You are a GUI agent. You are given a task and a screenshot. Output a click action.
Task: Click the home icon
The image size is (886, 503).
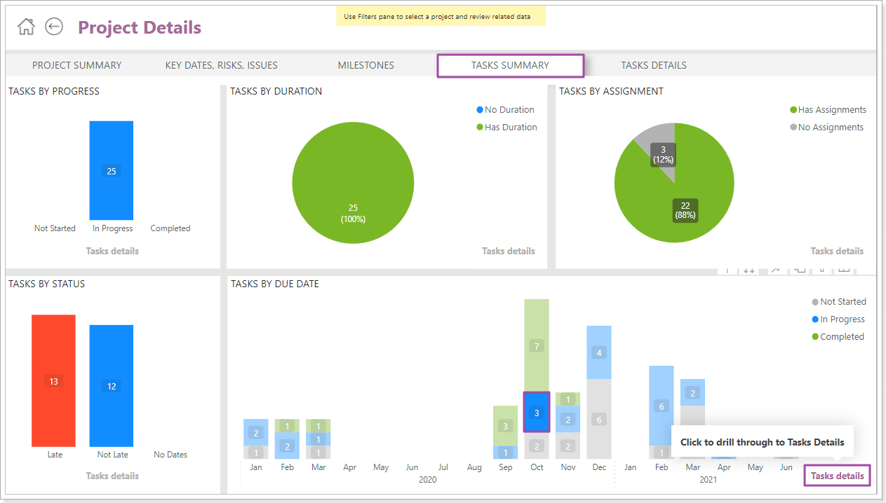pyautogui.click(x=26, y=27)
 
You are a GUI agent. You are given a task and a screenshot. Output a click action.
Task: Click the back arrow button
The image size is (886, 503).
pyautogui.click(x=54, y=27)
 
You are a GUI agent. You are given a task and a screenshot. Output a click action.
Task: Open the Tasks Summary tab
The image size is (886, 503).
pyautogui.click(x=510, y=65)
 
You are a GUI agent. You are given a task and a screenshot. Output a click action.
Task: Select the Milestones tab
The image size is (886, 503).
pyautogui.click(x=365, y=65)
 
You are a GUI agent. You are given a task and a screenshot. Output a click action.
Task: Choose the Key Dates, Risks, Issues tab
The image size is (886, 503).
pyautogui.click(x=221, y=65)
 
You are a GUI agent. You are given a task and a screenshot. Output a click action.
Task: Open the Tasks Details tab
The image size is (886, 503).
pyautogui.click(x=653, y=65)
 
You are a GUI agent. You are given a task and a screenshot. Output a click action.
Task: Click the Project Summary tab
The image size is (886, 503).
pyautogui.click(x=76, y=65)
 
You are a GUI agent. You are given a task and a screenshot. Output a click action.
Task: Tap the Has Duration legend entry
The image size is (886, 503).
pyautogui.click(x=510, y=128)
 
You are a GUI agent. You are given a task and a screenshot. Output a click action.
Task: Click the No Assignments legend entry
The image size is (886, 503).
pyautogui.click(x=830, y=128)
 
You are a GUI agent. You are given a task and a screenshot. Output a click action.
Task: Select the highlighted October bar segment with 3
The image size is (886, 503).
pyautogui.click(x=537, y=413)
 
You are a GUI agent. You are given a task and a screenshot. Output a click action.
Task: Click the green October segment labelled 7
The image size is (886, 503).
pyautogui.click(x=537, y=345)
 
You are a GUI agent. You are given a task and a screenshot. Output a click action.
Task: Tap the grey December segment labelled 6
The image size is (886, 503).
pyautogui.click(x=598, y=419)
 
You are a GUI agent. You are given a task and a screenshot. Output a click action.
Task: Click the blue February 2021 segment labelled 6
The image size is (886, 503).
pyautogui.click(x=661, y=406)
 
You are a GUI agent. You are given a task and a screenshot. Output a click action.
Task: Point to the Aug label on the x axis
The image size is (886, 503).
pyautogui.click(x=474, y=467)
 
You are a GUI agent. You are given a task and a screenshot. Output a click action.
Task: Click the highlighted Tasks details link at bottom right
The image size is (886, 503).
pyautogui.click(x=837, y=476)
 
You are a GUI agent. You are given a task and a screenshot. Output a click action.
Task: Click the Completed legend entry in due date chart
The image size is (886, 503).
pyautogui.click(x=841, y=337)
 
